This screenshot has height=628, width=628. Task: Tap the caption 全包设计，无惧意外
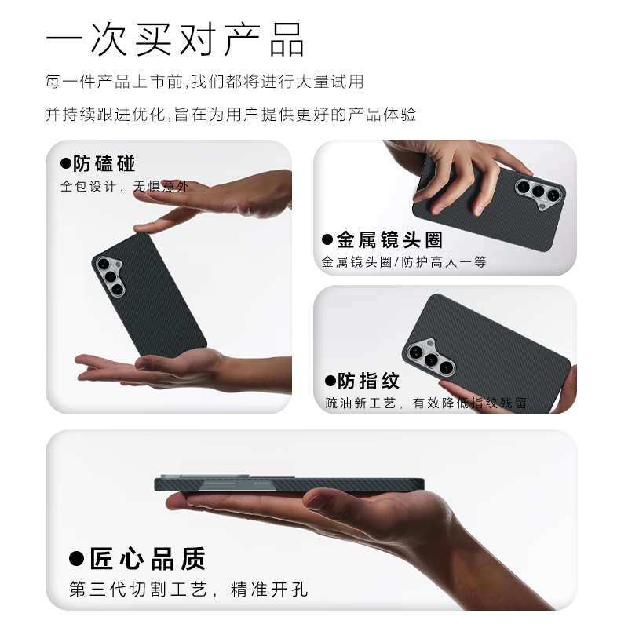(x=125, y=187)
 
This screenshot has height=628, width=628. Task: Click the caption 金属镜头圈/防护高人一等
(x=403, y=262)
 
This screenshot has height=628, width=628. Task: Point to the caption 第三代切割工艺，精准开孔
(x=188, y=590)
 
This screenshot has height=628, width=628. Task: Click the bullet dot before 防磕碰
(x=66, y=164)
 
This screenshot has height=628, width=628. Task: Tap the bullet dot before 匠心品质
(x=76, y=559)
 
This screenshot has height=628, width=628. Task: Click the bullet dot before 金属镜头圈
(x=327, y=239)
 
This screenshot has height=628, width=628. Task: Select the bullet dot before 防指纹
(x=330, y=382)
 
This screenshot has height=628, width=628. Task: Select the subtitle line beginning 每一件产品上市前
(x=204, y=81)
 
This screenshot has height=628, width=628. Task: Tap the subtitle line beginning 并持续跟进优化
(x=231, y=114)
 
